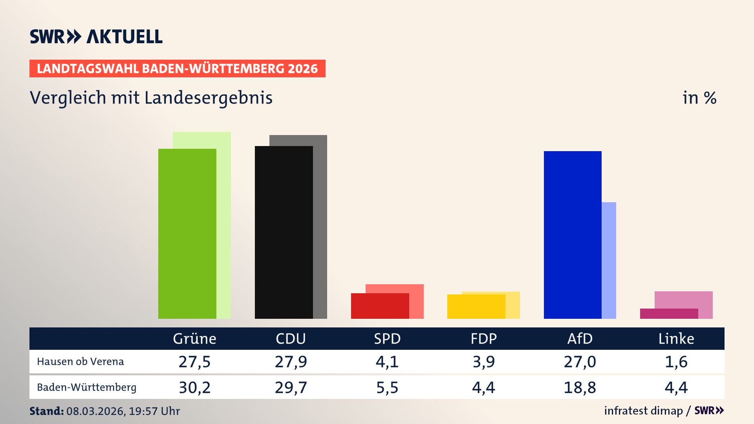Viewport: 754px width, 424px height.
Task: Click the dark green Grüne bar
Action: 187,234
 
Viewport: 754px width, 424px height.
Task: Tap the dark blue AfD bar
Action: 573,235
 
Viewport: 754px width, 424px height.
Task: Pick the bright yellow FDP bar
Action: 476,307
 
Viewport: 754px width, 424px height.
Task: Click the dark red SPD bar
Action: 380,306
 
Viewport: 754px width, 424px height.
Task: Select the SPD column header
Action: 387,339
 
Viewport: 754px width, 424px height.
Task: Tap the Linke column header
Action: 676,339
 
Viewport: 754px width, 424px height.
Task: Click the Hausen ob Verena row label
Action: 81,362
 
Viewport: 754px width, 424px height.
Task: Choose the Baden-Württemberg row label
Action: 87,387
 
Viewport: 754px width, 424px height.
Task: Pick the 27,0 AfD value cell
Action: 580,362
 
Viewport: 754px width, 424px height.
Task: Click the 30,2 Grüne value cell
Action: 194,387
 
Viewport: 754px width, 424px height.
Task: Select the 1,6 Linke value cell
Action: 676,362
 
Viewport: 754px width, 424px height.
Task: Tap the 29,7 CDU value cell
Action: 291,387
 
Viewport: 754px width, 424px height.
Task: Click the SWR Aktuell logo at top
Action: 96,37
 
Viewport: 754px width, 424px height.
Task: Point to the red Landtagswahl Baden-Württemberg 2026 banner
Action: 177,69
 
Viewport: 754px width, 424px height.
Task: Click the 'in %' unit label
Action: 699,98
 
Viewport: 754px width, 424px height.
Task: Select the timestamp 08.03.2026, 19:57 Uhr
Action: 123,411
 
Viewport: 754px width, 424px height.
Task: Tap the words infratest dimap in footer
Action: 643,411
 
